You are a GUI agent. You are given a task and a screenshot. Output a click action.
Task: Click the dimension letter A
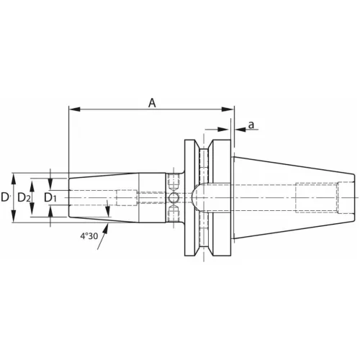(152, 102)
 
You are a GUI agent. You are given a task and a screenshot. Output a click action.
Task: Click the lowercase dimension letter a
(251, 125)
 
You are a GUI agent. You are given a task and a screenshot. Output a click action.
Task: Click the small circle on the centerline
(173, 197)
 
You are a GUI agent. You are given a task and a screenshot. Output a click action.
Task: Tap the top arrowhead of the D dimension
(14, 176)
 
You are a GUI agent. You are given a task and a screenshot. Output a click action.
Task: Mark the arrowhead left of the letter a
(238, 130)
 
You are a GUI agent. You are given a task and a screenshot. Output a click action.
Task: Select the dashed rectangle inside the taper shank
(316, 197)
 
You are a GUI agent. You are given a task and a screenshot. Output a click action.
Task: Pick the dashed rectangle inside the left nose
(127, 197)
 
